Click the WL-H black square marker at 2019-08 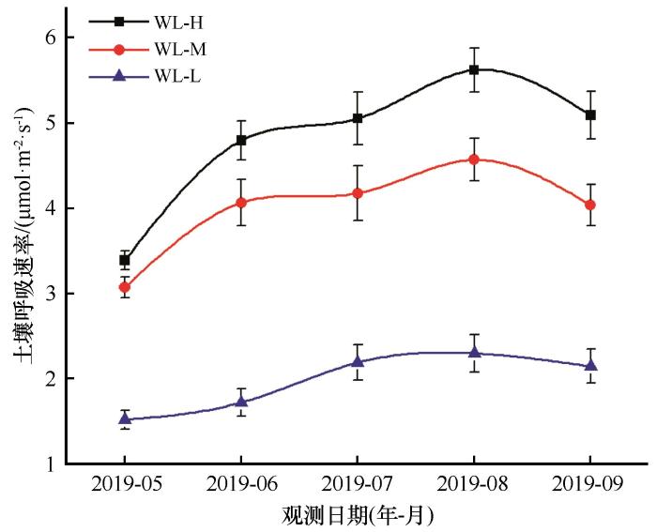[474, 69]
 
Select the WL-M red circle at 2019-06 [241, 203]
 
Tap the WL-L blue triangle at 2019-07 [358, 361]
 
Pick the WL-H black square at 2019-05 [125, 260]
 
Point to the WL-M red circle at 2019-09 [590, 205]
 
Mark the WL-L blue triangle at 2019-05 [125, 418]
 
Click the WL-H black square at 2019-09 [590, 114]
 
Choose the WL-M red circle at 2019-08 [474, 160]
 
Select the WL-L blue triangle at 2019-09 [590, 366]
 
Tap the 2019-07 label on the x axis [358, 485]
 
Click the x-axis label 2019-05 [125, 485]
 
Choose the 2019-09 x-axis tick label [590, 485]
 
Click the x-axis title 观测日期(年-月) [358, 515]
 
